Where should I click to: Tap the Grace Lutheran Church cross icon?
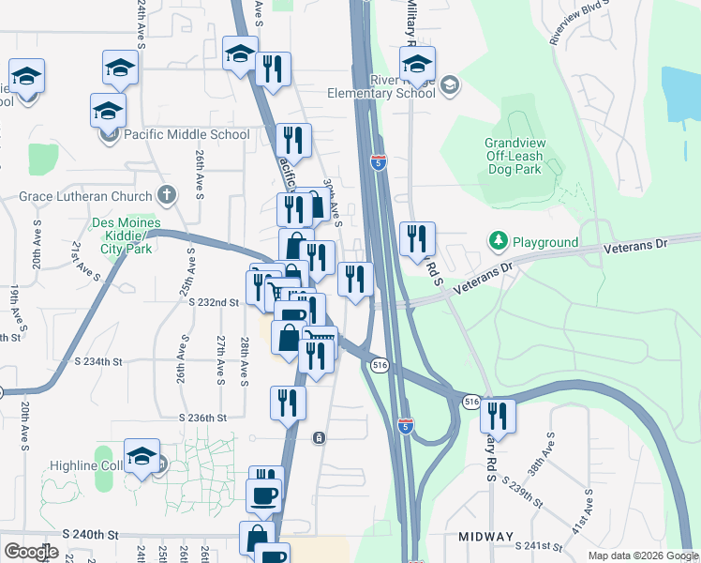(x=166, y=196)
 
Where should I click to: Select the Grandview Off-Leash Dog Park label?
(x=514, y=157)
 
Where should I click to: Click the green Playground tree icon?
(x=498, y=242)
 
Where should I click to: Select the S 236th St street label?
(x=203, y=418)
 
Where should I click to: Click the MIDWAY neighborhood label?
(x=485, y=537)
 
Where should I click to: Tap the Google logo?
(x=31, y=552)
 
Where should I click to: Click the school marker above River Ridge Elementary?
(x=418, y=65)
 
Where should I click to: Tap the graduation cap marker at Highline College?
(x=142, y=458)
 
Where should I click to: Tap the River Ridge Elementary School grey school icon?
(x=450, y=85)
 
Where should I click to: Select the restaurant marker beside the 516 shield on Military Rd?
(x=499, y=416)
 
